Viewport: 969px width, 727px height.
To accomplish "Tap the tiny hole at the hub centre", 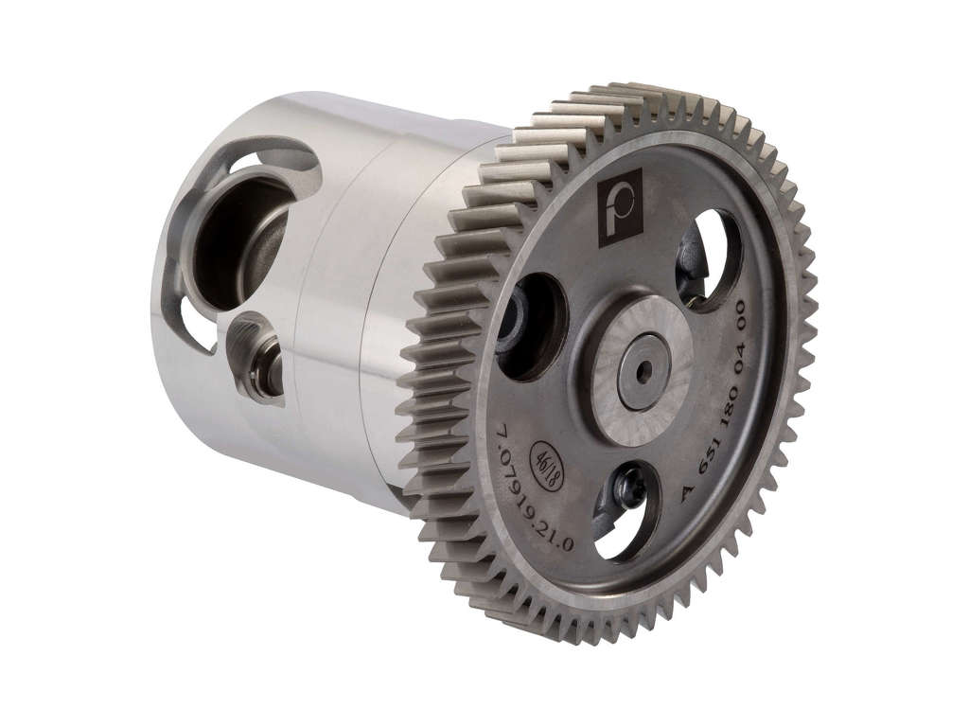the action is [645, 367].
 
